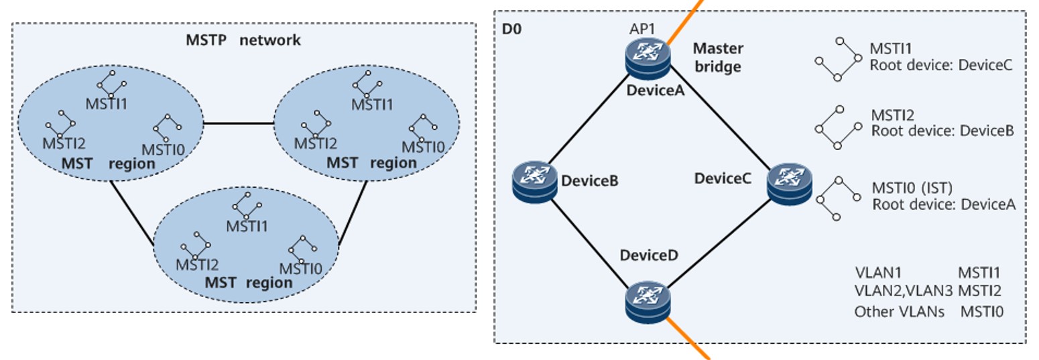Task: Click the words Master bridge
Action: (x=717, y=58)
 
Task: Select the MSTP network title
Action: (x=243, y=40)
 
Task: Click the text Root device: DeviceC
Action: (x=940, y=66)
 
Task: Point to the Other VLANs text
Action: (x=899, y=312)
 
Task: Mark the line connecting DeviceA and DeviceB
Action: (x=591, y=120)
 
